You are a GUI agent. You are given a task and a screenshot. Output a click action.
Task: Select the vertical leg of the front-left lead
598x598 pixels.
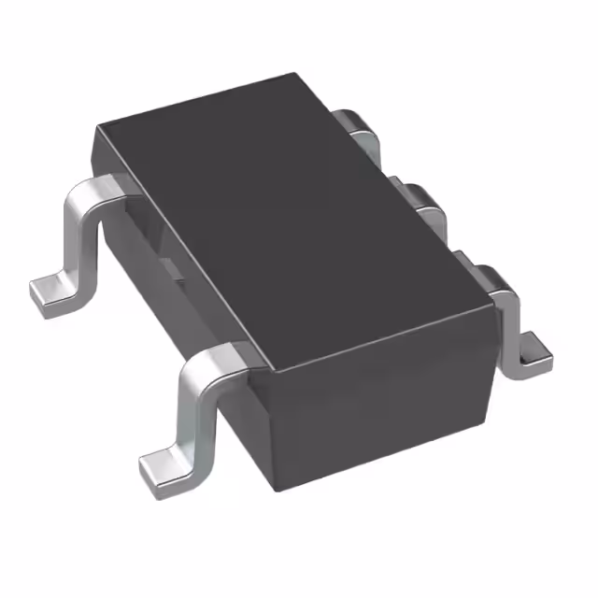click(196, 411)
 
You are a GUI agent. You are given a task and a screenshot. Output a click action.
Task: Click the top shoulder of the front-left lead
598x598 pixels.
click(220, 360)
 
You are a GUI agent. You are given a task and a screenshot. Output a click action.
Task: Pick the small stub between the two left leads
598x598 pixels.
click(173, 266)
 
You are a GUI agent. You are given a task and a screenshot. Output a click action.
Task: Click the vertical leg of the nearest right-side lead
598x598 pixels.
click(509, 332)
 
